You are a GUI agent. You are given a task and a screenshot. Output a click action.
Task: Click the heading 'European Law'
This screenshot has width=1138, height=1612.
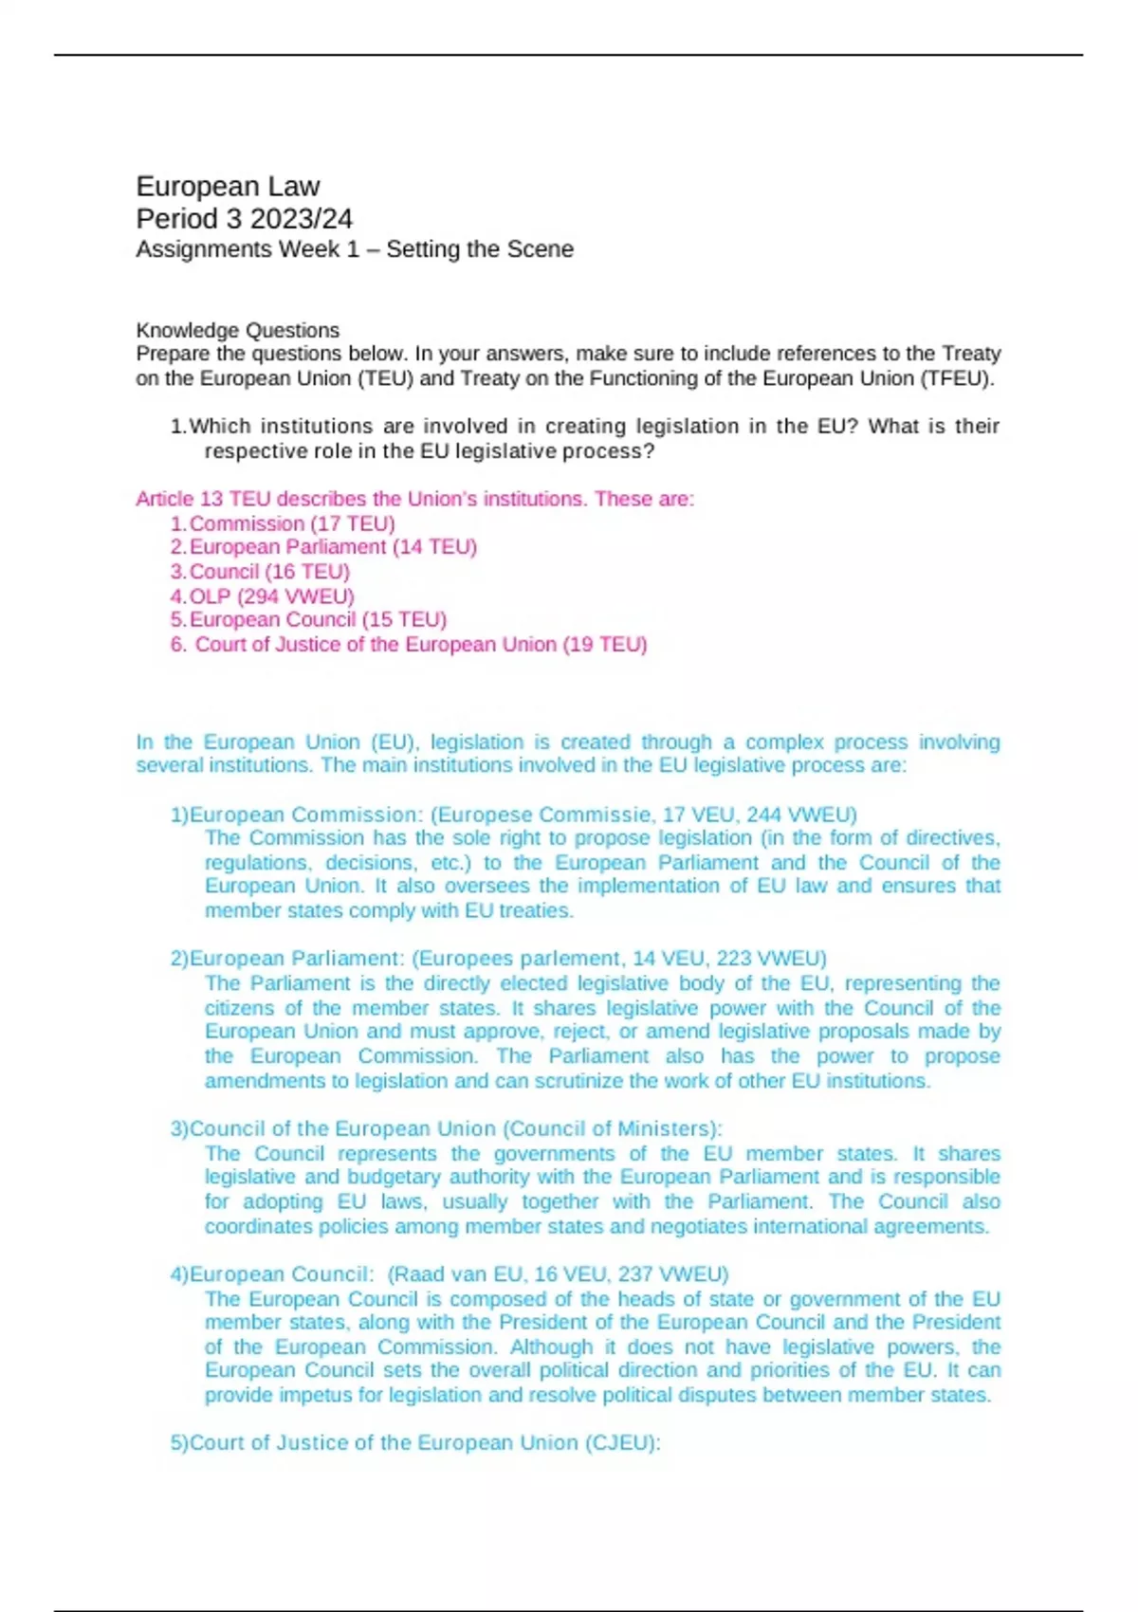tap(228, 186)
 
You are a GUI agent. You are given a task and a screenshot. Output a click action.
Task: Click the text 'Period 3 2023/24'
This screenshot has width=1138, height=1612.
tap(244, 219)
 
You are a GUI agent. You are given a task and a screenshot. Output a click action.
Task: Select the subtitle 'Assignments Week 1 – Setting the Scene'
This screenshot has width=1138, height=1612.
tap(355, 249)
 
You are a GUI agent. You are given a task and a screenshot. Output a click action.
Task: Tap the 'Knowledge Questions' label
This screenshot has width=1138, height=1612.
tap(237, 330)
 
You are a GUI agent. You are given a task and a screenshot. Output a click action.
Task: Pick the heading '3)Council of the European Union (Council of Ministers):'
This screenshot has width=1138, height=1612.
tap(446, 1129)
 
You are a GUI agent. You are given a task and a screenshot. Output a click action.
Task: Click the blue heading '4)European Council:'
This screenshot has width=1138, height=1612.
tap(272, 1274)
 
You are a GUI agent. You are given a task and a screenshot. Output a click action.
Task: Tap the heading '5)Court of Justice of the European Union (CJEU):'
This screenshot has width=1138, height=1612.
tap(415, 1443)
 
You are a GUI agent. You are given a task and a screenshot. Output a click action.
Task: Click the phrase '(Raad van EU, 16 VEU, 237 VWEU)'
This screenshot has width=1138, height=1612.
tap(558, 1274)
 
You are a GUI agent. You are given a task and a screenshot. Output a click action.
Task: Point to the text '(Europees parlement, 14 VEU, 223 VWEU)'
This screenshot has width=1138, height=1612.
tap(619, 959)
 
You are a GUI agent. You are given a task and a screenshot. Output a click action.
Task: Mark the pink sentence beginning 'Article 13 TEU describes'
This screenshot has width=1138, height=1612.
tap(414, 499)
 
